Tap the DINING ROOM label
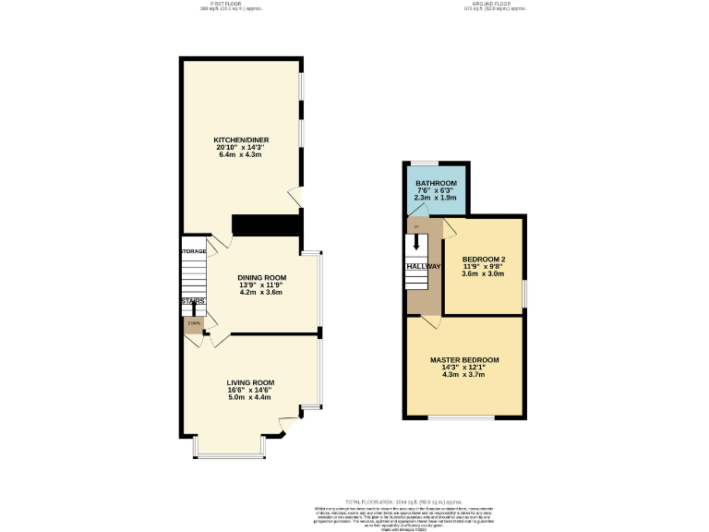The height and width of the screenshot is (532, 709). point(262,277)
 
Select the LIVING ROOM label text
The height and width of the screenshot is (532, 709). point(250,382)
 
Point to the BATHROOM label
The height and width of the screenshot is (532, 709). point(437,184)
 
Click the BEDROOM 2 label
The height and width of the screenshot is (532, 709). point(483,259)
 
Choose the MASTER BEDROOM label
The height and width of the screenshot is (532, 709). point(463,359)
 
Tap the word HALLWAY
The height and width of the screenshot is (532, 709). point(422,266)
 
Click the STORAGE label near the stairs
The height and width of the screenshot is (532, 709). point(193,251)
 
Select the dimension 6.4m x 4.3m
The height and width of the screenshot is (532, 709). point(240,154)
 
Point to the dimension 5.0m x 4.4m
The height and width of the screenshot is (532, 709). point(250,397)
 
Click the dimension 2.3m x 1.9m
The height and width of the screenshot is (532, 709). point(437,198)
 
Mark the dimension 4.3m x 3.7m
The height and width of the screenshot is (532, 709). point(463,374)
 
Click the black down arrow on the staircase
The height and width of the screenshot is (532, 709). point(416,243)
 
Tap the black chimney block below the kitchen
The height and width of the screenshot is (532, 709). point(267,225)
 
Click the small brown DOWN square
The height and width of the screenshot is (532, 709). point(193,323)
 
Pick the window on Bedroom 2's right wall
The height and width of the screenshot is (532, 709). point(524,292)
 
